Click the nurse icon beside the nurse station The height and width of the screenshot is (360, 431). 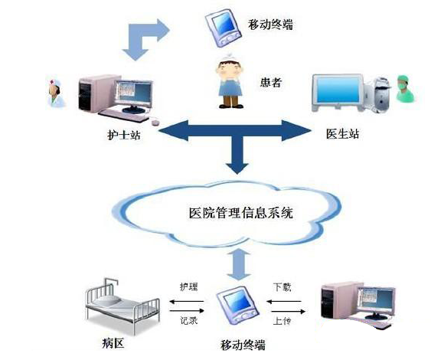57,93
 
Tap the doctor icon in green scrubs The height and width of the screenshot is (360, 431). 405,89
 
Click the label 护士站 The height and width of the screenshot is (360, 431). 124,135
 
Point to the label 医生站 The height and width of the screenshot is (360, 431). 342,134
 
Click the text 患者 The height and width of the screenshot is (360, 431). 271,82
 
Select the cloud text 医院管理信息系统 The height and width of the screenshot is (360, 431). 241,213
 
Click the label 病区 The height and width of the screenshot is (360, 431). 113,342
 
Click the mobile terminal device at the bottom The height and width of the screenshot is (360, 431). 237,306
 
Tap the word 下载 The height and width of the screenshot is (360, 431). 282,286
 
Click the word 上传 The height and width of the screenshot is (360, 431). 282,321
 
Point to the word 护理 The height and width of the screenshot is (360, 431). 189,286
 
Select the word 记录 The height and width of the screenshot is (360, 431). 189,321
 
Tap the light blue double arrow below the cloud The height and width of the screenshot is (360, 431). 239,263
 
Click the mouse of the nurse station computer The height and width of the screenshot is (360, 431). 155,122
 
